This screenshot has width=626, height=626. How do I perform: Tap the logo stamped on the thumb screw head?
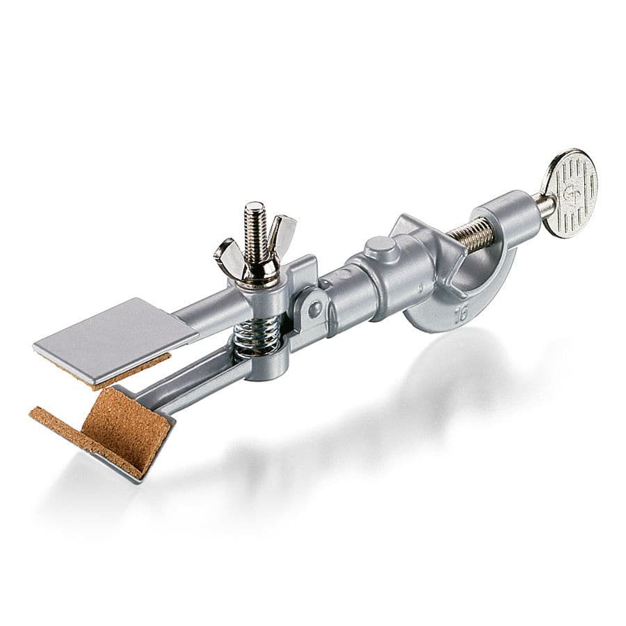(570, 192)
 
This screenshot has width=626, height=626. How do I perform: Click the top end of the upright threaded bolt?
(255, 209)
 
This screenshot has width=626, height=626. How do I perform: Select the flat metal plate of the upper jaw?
(115, 337)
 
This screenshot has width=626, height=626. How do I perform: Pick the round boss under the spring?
(268, 365)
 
